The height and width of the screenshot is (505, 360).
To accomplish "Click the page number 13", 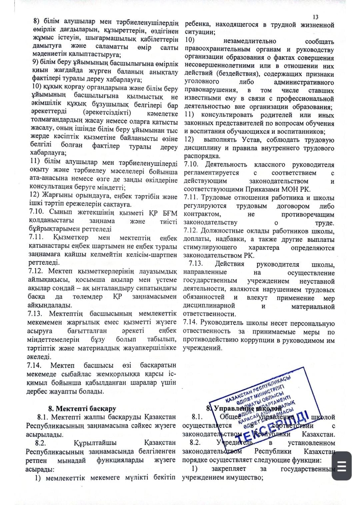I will [x=316, y=17].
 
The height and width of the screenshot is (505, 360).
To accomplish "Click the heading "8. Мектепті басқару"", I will [x=82, y=408].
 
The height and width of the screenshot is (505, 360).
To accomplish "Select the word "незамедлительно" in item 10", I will [x=249, y=41].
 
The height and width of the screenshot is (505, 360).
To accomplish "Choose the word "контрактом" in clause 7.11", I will [x=202, y=214].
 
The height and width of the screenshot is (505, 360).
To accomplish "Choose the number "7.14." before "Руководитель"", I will [x=190, y=322].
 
